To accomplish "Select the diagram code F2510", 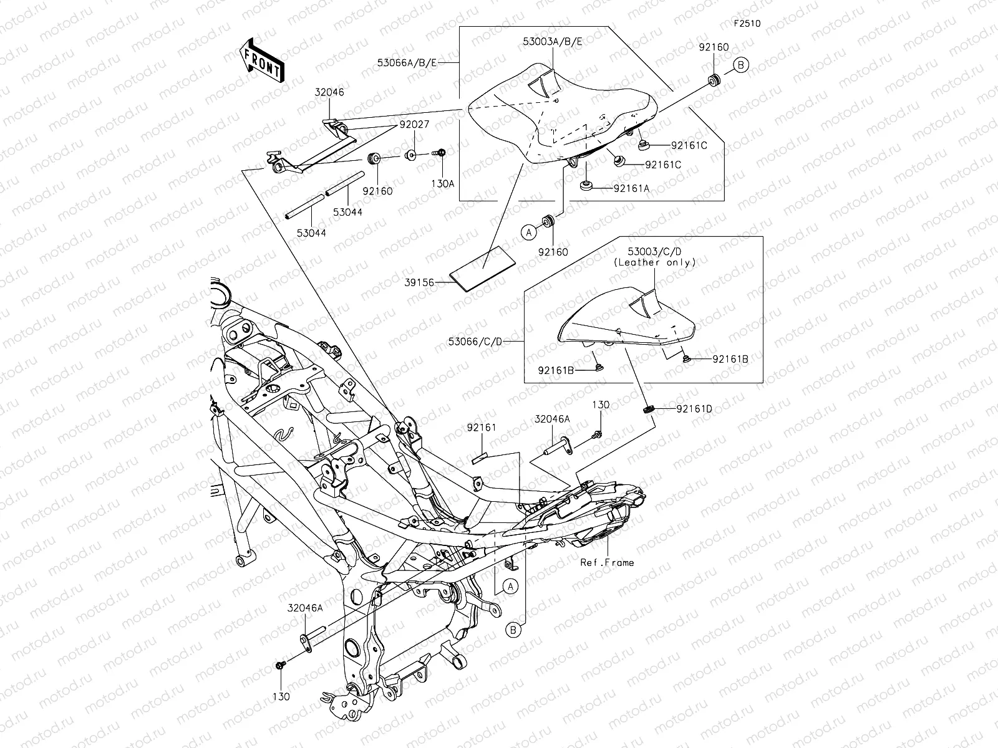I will pos(747,24).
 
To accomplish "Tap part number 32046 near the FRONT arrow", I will pos(329,92).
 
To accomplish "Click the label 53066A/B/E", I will pos(407,63).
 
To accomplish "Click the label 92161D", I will pos(694,409).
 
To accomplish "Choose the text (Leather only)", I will pos(654,262).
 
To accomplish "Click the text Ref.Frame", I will pos(607,562).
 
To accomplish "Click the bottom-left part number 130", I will pos(281,696).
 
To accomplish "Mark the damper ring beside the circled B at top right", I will pos(714,80).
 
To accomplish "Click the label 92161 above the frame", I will pos(482,428).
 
